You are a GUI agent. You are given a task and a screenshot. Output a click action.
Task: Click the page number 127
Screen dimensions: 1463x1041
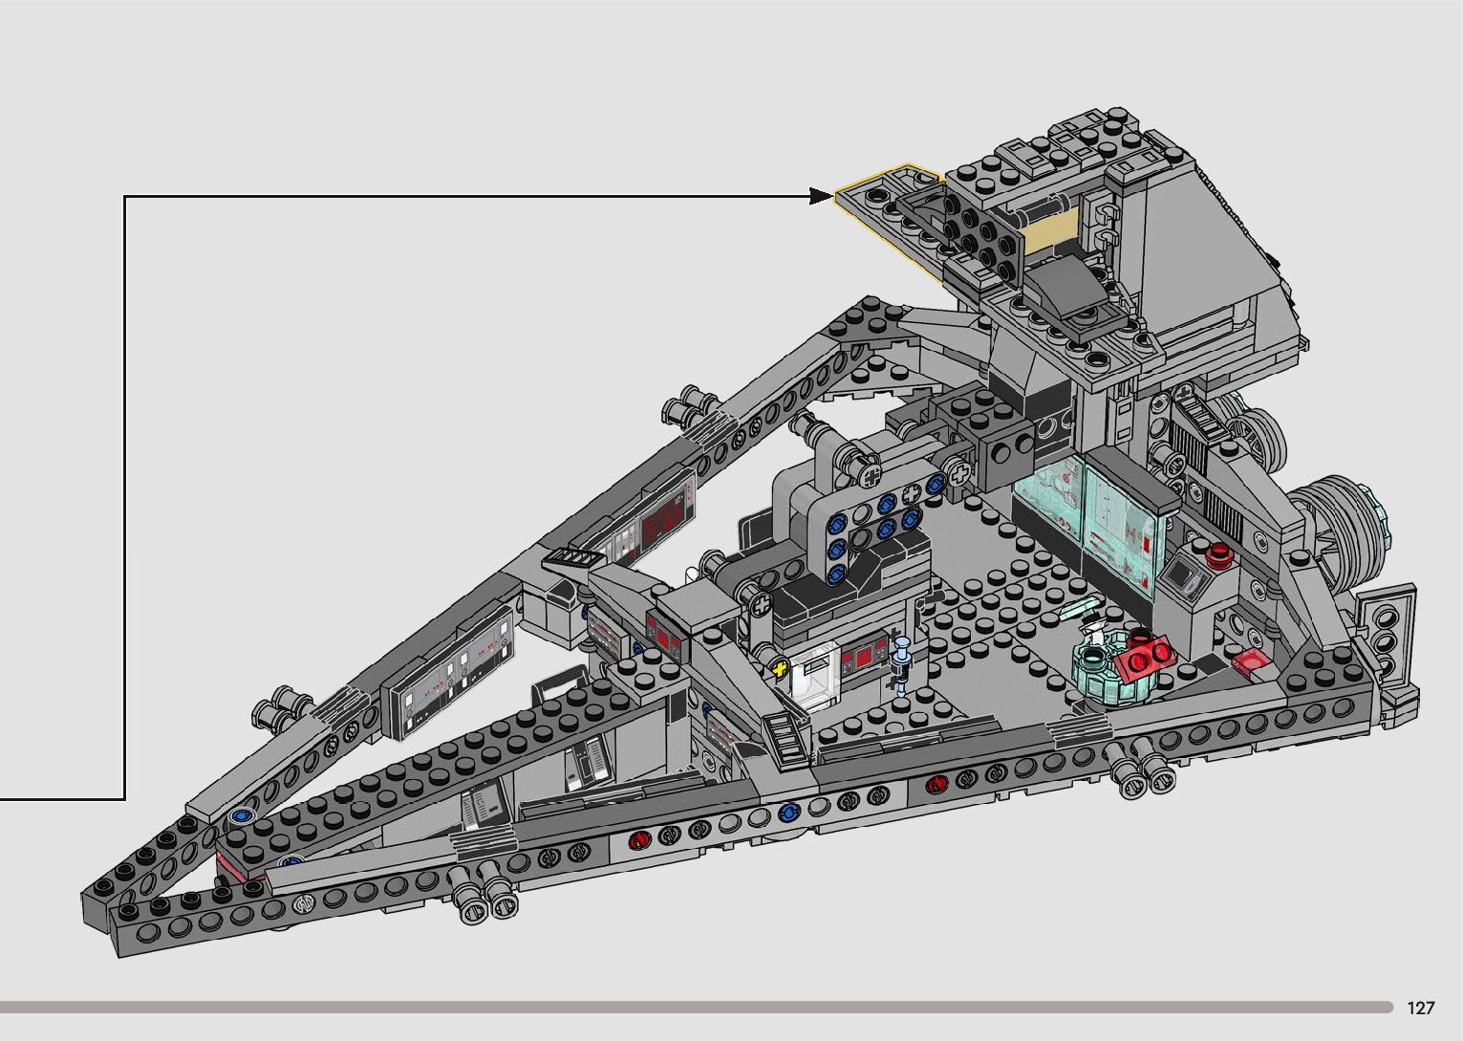click(x=1421, y=1008)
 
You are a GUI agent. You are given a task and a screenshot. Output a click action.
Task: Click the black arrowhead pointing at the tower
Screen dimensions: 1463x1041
click(x=822, y=196)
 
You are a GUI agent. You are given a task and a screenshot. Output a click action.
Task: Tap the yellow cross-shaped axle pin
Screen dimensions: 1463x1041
click(x=779, y=668)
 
